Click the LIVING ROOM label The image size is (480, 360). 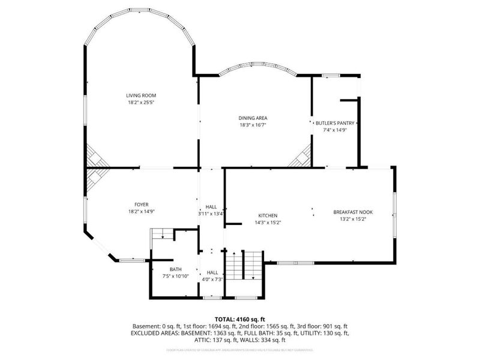tap(141, 95)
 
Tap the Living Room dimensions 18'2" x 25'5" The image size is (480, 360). tap(141, 103)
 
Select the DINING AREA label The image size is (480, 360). tap(253, 118)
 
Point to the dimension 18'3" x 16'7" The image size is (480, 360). tap(253, 125)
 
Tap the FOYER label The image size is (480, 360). tap(141, 205)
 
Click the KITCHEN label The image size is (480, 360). tap(268, 215)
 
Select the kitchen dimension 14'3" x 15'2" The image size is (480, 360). tap(268, 223)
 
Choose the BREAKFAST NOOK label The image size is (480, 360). tap(350, 212)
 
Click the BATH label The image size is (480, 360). tap(175, 269)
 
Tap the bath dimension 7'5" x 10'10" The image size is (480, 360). tap(175, 276)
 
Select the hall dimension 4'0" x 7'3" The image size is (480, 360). tap(212, 280)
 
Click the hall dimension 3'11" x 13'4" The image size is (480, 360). tap(211, 214)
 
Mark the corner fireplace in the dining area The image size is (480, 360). tap(300, 157)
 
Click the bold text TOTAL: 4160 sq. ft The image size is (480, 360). tap(240, 319)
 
